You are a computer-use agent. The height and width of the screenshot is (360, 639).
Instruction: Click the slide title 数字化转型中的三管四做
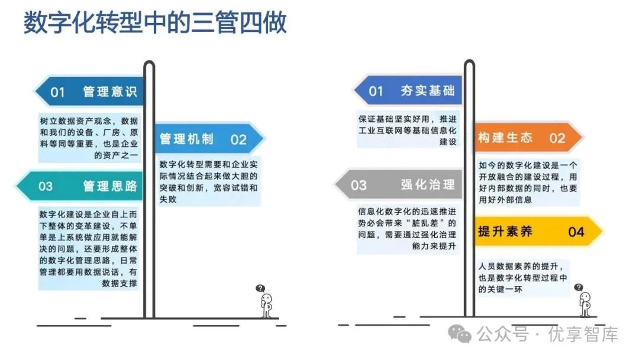coord(155,24)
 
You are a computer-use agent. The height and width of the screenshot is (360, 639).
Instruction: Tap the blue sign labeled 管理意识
coord(89,92)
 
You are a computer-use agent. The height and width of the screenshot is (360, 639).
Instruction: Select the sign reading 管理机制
coord(207,139)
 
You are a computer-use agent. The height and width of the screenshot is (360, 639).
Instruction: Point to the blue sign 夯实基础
coord(408,91)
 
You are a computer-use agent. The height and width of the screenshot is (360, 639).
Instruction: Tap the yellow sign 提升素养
coord(532,232)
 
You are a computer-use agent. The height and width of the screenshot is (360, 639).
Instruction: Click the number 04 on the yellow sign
coord(576,232)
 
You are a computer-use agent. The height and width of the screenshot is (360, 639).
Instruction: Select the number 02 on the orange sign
coord(557,139)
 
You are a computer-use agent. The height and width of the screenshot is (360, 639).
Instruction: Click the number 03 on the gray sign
coord(359,185)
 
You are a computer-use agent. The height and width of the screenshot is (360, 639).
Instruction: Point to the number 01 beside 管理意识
coord(57,92)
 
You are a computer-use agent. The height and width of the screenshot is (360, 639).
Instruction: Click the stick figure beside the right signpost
coord(585,303)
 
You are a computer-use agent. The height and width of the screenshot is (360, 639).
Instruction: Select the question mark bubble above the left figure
coord(260,288)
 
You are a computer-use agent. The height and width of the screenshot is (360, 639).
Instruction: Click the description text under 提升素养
coord(523,277)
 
